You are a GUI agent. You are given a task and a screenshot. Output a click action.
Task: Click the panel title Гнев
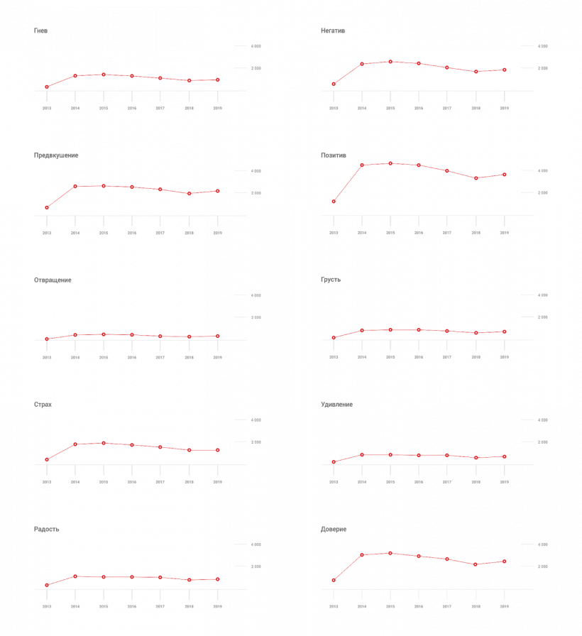tap(40, 31)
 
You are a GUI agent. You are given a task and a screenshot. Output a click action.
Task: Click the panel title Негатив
tap(333, 31)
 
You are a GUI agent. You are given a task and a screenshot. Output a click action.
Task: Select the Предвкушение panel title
tap(56, 155)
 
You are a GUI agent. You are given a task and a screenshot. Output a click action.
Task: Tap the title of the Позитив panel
tap(333, 155)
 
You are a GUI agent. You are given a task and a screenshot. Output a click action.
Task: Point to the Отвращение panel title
tap(53, 280)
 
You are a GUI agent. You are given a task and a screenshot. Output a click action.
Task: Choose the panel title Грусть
tap(331, 280)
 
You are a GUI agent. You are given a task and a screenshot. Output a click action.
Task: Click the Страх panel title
tap(43, 405)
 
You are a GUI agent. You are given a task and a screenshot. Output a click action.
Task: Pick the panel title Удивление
tap(336, 405)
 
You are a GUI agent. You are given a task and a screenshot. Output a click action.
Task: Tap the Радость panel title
tap(47, 530)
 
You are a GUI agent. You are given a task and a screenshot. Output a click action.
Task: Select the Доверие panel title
tap(334, 530)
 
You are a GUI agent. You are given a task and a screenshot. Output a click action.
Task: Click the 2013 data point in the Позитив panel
tap(334, 202)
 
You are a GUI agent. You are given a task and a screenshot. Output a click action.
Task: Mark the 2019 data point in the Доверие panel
tap(504, 561)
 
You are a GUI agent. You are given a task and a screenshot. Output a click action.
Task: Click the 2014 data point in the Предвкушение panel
tap(75, 186)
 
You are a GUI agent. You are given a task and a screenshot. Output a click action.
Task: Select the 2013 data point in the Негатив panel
tap(334, 84)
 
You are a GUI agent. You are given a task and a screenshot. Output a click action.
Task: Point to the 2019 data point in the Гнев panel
tap(217, 80)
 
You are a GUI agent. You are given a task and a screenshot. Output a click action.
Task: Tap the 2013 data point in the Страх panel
tap(47, 460)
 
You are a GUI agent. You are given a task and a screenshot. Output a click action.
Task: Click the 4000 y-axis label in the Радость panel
tap(256, 544)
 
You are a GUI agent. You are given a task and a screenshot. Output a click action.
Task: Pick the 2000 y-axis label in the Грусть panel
tap(542, 317)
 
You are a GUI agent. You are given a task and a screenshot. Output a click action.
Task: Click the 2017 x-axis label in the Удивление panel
tap(447, 482)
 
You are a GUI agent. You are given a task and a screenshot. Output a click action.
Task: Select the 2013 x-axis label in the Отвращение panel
tap(47, 357)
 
